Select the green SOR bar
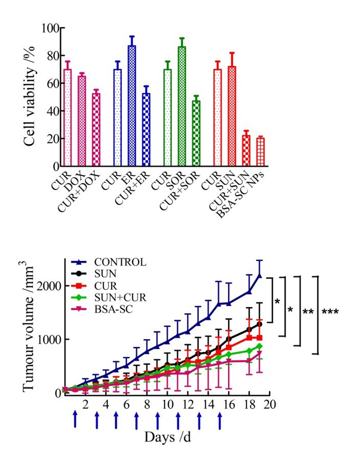[x=182, y=106]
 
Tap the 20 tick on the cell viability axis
[x=52, y=139]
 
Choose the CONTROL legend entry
[x=120, y=262]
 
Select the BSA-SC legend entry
[x=114, y=309]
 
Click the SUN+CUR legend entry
[x=120, y=297]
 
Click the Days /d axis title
[x=167, y=437]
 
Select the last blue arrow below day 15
[x=220, y=421]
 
